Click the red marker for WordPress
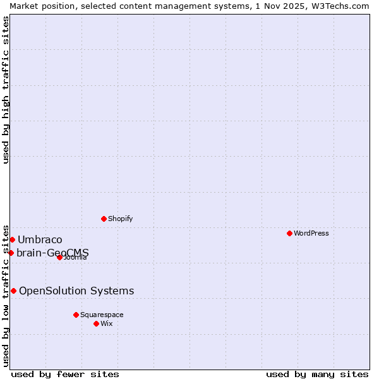click(289, 233)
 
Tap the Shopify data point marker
click(104, 219)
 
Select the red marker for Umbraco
click(12, 239)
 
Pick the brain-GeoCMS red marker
click(11, 253)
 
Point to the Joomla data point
click(59, 257)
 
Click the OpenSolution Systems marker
click(13, 291)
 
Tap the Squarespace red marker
click(76, 315)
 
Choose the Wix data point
click(96, 323)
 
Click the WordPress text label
click(311, 233)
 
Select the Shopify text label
click(120, 219)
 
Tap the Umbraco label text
click(40, 239)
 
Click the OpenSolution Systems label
click(76, 291)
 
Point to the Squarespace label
click(102, 315)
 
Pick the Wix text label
click(106, 323)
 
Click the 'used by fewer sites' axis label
click(65, 374)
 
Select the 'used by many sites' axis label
click(317, 374)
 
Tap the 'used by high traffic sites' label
click(6, 90)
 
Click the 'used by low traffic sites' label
click(6, 295)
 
